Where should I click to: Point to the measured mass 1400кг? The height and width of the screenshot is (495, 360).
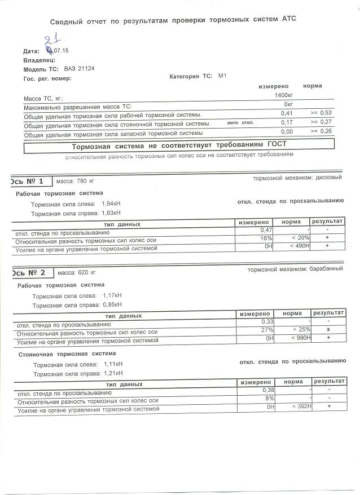click(283, 95)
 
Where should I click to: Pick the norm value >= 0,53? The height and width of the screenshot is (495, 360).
click(321, 113)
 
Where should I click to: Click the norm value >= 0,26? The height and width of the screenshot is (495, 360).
click(321, 131)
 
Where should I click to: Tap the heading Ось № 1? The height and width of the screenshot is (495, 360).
click(28, 181)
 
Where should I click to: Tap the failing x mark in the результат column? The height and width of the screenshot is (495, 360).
click(327, 330)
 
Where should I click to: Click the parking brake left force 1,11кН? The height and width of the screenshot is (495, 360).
click(113, 364)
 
